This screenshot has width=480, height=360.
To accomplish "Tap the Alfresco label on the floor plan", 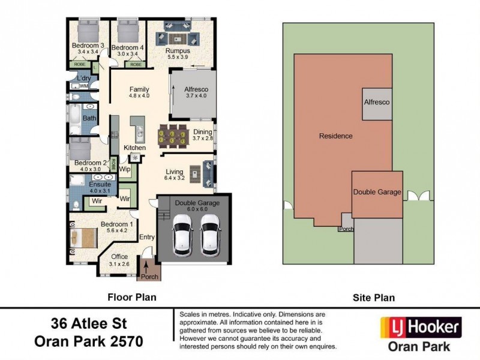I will pos(196,88).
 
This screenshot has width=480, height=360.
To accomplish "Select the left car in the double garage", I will pos(181,236).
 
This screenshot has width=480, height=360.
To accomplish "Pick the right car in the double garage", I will pos(210,236).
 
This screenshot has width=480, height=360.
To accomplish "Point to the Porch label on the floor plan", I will pos(149,277).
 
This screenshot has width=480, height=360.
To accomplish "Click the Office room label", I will pos(119,257).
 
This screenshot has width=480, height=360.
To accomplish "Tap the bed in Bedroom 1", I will pos(82,237).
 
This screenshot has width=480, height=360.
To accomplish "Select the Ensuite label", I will pos(100,185).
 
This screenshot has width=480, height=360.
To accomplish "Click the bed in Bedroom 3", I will pos(88,30).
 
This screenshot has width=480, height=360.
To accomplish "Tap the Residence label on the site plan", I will pos(335,136).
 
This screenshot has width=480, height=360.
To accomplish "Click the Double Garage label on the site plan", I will pos(377,192).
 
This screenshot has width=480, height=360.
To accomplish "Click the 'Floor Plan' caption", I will pos(131,297).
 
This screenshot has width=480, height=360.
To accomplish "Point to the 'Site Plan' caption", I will pos(373,297).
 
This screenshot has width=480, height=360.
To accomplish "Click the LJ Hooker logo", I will pos(421,328).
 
